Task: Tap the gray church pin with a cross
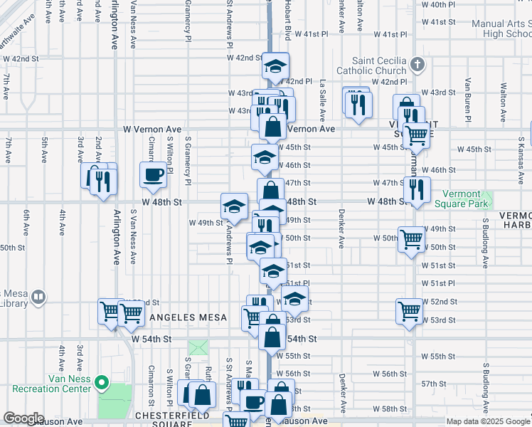click(x=417, y=65)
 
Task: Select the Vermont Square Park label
click(x=466, y=199)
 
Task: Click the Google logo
click(x=23, y=418)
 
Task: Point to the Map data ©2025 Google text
click(x=487, y=421)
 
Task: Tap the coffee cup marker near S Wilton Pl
click(x=154, y=174)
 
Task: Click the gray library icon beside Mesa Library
click(x=38, y=296)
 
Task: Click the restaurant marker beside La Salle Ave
click(x=357, y=103)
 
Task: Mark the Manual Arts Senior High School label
click(x=501, y=28)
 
